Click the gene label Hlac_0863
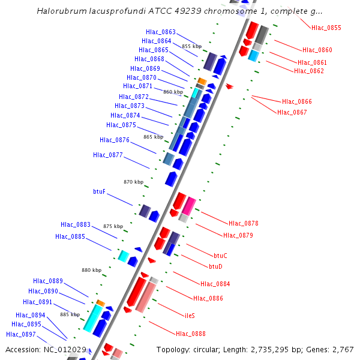click(x=161, y=32)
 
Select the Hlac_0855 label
click(x=326, y=28)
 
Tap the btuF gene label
click(x=99, y=191)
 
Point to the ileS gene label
click(x=190, y=315)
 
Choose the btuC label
click(x=220, y=256)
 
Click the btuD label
click(x=215, y=266)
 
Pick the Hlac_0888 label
click(x=191, y=334)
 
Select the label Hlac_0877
click(x=108, y=155)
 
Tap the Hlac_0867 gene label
click(x=292, y=112)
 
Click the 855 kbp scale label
click(x=191, y=46)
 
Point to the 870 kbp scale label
click(x=134, y=182)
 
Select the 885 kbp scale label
click(x=70, y=314)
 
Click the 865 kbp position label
click(x=153, y=137)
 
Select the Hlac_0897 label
click(x=21, y=334)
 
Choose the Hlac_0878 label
click(x=244, y=223)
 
